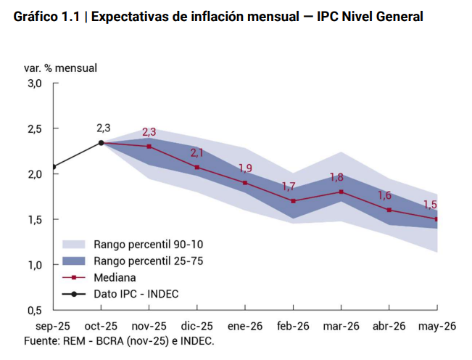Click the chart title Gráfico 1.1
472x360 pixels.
coord(218,16)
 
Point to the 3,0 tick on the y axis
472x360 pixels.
coord(35,83)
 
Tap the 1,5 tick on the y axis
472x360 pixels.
coord(35,219)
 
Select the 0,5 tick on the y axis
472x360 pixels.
coord(35,310)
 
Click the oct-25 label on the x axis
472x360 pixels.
coord(102,327)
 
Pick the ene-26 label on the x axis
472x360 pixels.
coord(245,327)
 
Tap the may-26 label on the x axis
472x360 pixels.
coord(437,327)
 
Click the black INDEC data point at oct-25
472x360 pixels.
coord(102,143)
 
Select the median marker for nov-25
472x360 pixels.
coord(149,146)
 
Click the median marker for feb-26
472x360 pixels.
coord(293,201)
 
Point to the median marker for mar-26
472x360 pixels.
coord(341,192)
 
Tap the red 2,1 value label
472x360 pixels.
coord(197,153)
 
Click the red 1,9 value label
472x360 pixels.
coord(245,168)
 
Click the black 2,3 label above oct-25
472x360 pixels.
coord(104,128)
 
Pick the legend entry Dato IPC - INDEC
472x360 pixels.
coord(136,294)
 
